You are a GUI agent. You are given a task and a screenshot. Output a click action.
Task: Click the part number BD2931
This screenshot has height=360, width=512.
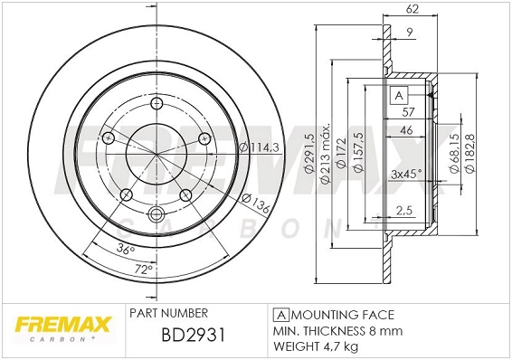[x=192, y=336]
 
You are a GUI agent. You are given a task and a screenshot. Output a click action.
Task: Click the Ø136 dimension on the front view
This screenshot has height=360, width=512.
[x=256, y=204]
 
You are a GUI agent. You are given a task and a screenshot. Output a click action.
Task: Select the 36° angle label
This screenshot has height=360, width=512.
[x=126, y=249]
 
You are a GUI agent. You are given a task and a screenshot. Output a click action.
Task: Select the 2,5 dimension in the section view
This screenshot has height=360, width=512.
[x=405, y=210]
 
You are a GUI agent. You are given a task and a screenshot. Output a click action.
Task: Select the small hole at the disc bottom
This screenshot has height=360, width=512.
[x=154, y=214]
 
